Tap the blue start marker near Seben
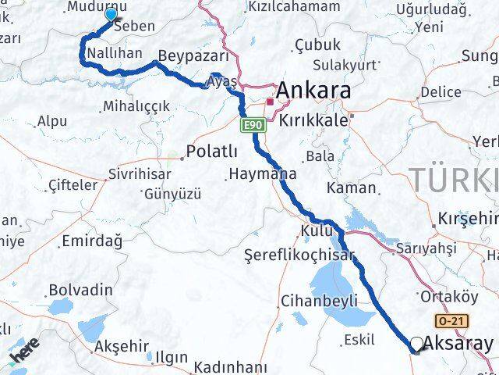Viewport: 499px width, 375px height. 111,14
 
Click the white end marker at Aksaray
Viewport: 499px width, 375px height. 417,344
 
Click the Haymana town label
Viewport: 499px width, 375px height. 259,174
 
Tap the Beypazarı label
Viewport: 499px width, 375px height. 193,56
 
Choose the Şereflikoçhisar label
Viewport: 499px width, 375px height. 299,255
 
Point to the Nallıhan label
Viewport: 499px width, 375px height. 115,52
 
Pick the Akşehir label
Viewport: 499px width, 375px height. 120,345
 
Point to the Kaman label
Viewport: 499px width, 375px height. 351,188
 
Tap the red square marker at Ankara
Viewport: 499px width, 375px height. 271,102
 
